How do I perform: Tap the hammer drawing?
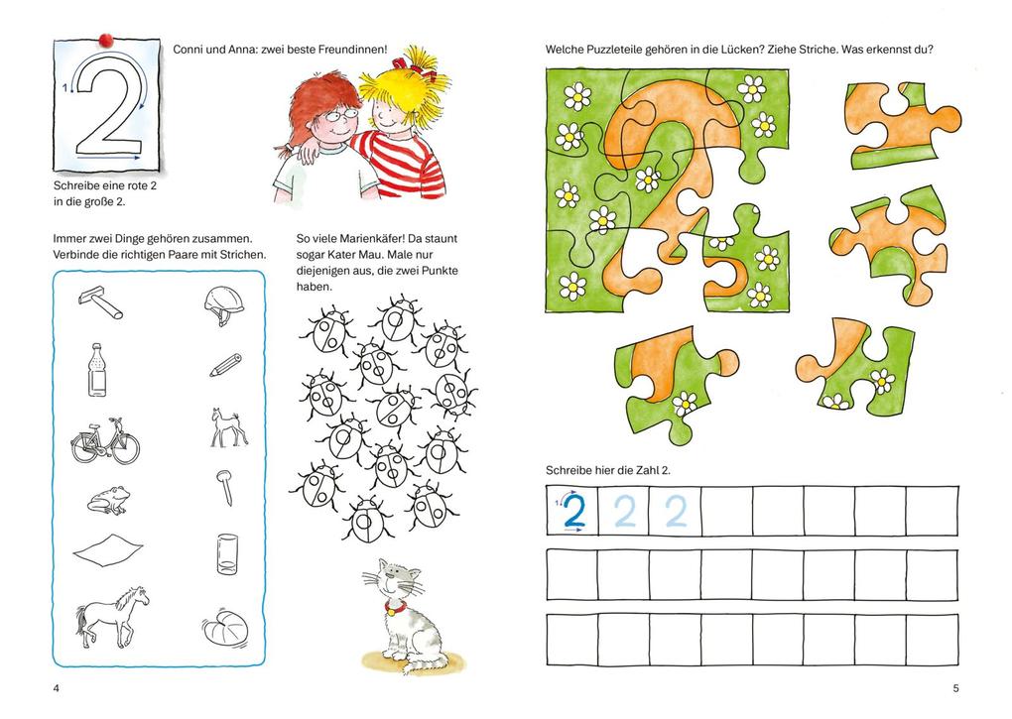pos(100,301)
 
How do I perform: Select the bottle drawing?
pos(97,370)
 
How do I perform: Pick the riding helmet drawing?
pos(224,305)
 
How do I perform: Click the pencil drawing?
pos(225,365)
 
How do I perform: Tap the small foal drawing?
pos(227,426)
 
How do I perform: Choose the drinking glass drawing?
pos(227,554)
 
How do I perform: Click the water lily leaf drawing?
pos(224,626)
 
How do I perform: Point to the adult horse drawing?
pos(112,615)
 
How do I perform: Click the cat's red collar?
pos(394,606)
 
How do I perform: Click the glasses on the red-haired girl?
pos(340,115)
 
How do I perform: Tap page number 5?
pos(955,688)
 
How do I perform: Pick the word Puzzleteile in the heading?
pos(612,49)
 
